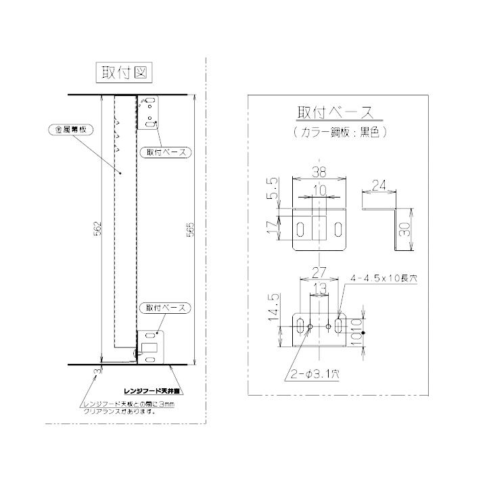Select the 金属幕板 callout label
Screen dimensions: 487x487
point(64,129)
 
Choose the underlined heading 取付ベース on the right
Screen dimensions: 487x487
point(335,112)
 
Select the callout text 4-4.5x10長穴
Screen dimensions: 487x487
point(384,278)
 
